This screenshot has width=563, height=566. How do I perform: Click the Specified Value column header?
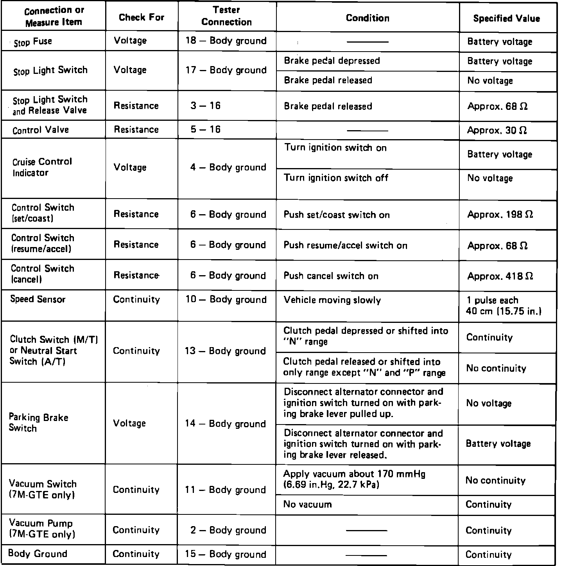pos(506,18)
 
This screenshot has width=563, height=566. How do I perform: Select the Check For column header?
pos(142,17)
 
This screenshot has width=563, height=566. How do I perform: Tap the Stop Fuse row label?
pos(33,42)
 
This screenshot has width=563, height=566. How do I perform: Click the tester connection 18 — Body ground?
pos(226,41)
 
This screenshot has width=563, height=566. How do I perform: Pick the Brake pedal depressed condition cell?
pos(332,61)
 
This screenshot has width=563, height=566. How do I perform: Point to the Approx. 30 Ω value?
pos(497,130)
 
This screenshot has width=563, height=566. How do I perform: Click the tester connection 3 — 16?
pos(206,106)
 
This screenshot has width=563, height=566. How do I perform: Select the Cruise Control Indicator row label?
pos(42,167)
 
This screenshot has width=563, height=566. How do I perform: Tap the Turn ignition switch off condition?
pos(336,178)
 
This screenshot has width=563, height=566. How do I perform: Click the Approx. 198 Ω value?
pos(500,215)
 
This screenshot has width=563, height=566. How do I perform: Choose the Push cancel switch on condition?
pos(331,276)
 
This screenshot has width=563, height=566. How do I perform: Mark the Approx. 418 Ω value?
pos(500,276)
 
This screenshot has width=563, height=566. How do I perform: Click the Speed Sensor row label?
pos(38,299)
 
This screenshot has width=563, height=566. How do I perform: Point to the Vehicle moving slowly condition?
pos(332,300)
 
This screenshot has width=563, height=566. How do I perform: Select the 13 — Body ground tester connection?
pos(225,351)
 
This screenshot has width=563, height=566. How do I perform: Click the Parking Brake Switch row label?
pos(38,423)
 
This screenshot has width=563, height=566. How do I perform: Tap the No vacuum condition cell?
pos(307,504)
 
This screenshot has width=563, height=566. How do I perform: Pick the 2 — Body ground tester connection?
pos(228,530)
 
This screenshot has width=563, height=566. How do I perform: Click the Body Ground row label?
pos(38,553)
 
